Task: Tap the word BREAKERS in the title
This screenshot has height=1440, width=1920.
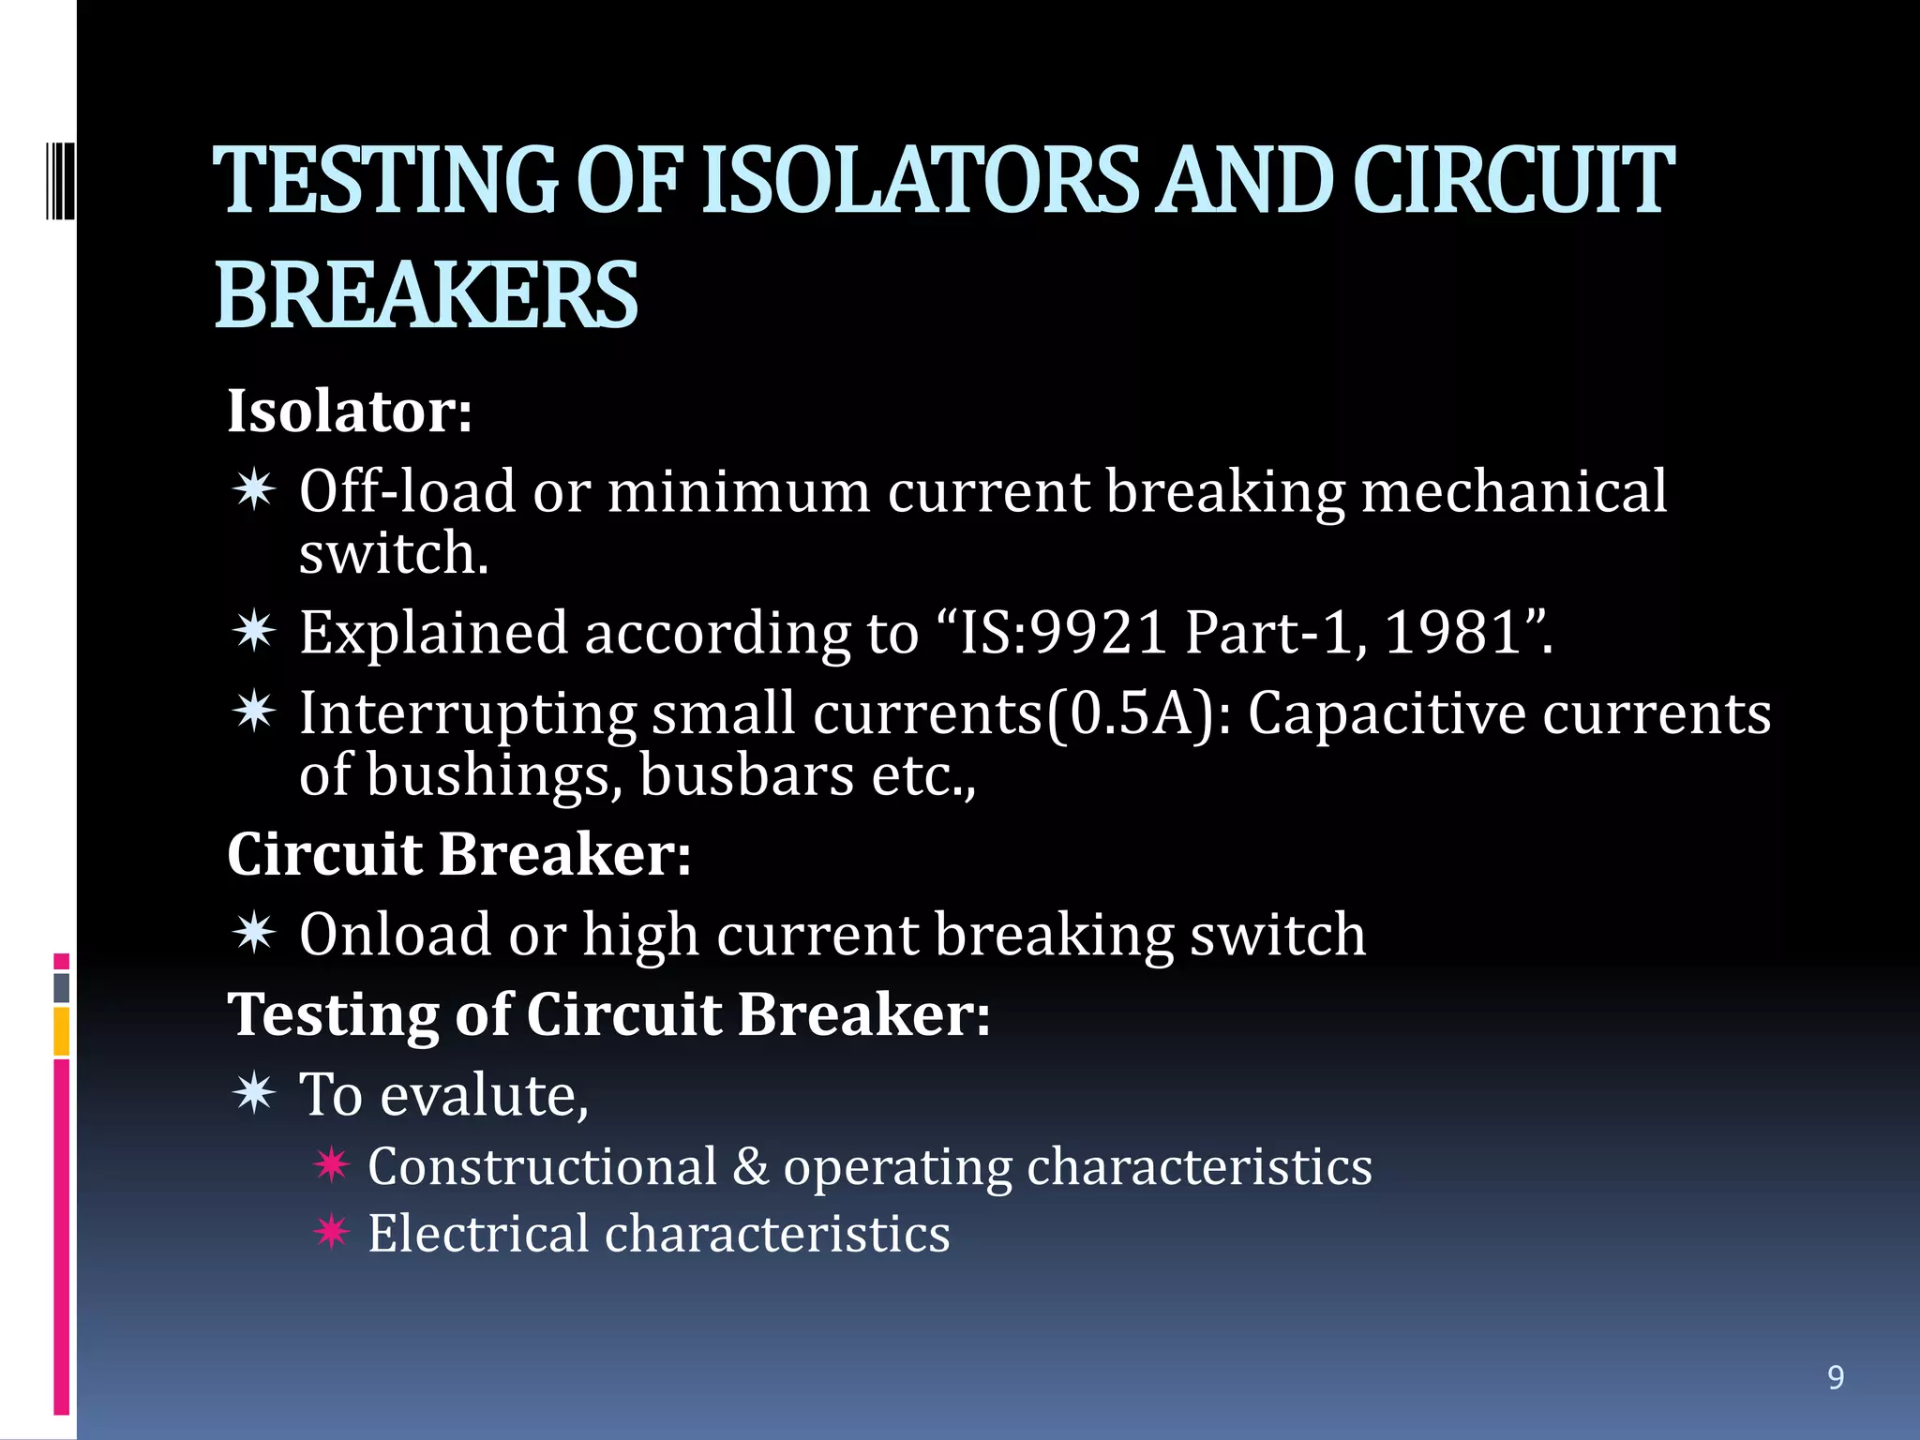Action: [x=427, y=295]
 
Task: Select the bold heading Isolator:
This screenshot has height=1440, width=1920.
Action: [x=350, y=411]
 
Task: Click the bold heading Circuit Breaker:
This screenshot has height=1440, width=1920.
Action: [x=459, y=854]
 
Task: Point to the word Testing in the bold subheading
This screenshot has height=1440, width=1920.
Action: [x=334, y=1015]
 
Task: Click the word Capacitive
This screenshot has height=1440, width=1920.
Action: [x=1386, y=714]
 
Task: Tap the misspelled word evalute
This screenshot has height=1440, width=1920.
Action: [x=484, y=1095]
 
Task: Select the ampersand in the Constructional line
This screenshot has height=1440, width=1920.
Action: [x=750, y=1167]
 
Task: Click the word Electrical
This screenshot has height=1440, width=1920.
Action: [x=477, y=1234]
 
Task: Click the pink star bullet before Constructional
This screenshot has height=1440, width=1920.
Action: [x=332, y=1165]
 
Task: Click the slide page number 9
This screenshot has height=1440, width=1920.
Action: [x=1836, y=1377]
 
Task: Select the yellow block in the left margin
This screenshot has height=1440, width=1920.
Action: [x=61, y=1031]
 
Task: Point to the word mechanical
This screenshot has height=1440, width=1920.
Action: [x=1513, y=491]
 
